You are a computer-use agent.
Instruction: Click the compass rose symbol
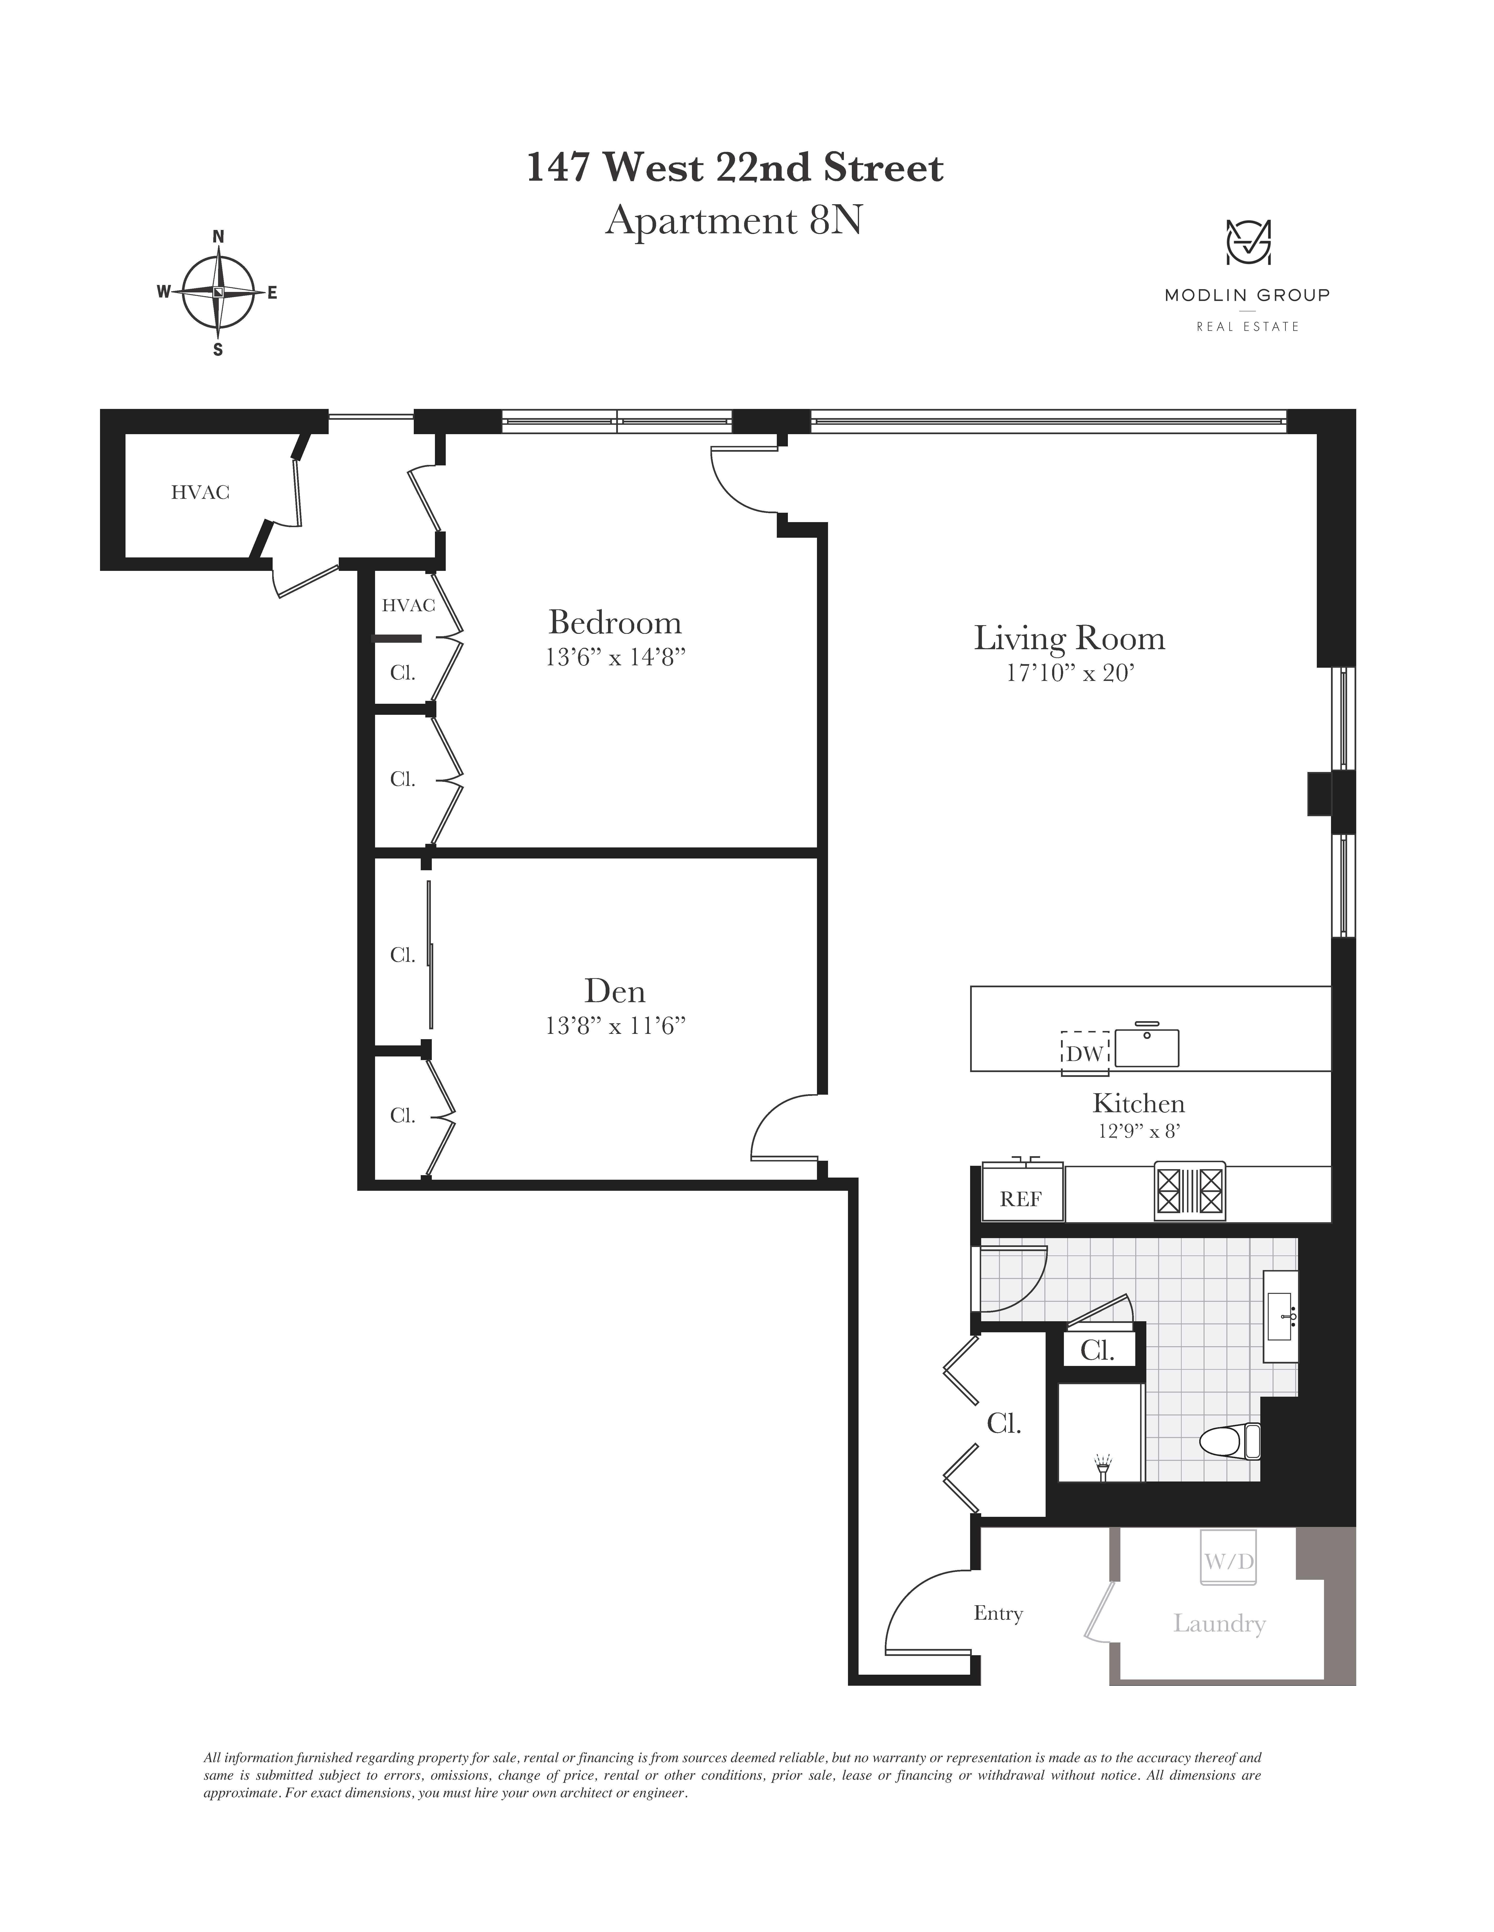click(x=218, y=292)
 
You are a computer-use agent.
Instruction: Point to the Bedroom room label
click(x=615, y=623)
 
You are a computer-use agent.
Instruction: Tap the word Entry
click(x=998, y=1614)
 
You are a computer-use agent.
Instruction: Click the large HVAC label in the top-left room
click(x=200, y=493)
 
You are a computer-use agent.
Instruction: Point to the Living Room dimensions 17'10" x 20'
click(x=1070, y=673)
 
